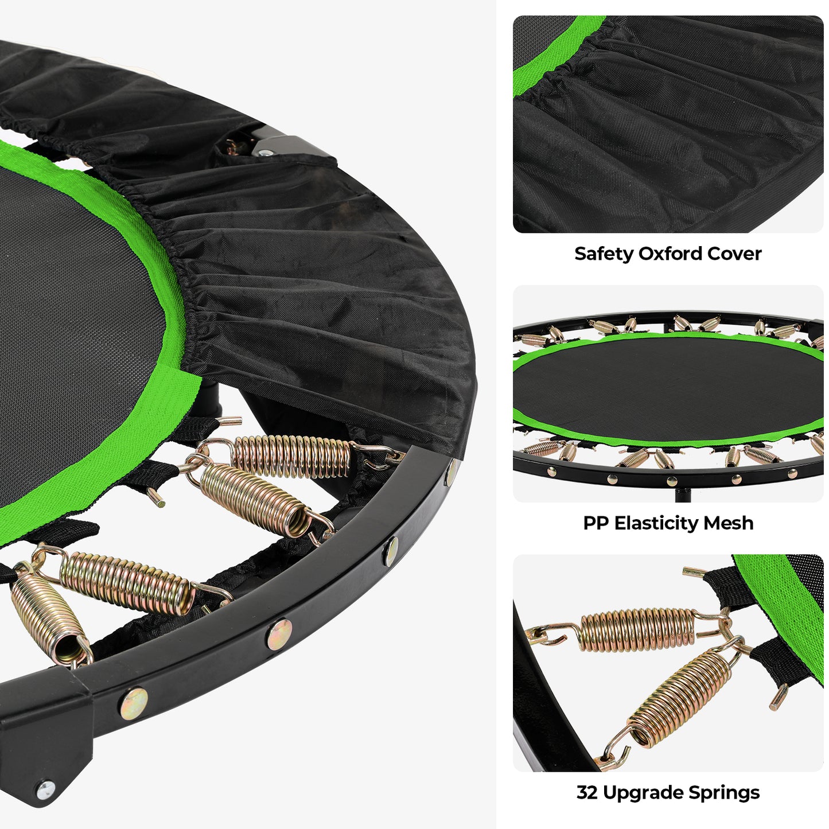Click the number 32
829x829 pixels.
point(587,793)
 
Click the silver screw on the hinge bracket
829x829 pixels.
point(45,789)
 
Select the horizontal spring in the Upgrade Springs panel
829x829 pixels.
point(637,630)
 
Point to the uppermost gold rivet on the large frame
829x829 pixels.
point(451,472)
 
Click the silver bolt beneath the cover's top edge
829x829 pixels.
point(264,153)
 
